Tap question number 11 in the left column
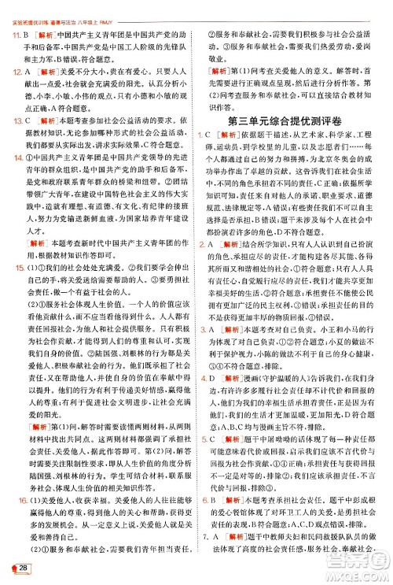(14, 37)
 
